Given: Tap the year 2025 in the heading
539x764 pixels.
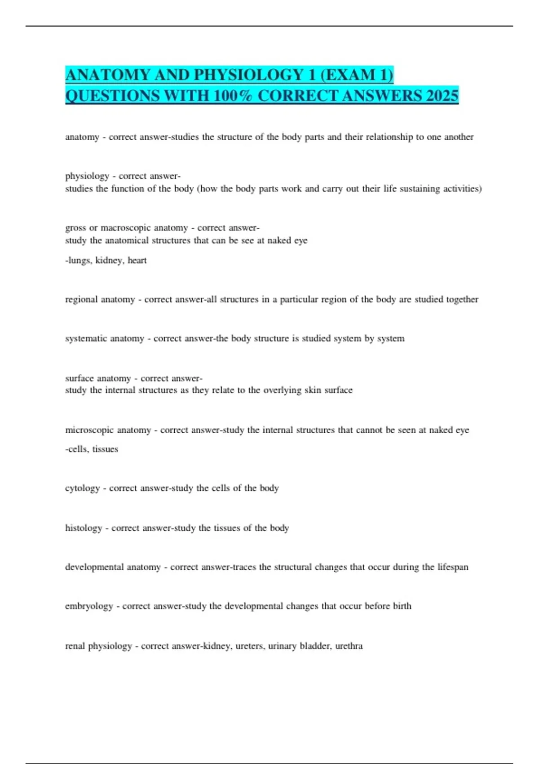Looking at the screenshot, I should [442, 96].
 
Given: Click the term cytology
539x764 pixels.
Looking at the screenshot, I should [82, 489].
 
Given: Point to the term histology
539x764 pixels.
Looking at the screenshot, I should [84, 528].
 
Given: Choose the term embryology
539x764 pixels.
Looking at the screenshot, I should [89, 606].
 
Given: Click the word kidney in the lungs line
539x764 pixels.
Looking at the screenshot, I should [108, 261].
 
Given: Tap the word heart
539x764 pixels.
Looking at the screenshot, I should [137, 261].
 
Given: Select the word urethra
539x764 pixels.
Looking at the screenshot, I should [349, 646].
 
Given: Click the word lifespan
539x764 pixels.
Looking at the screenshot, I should [453, 567].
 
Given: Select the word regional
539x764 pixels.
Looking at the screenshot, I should [81, 299].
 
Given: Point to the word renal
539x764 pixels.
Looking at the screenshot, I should [75, 646].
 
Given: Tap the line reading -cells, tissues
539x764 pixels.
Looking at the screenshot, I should [92, 449].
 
